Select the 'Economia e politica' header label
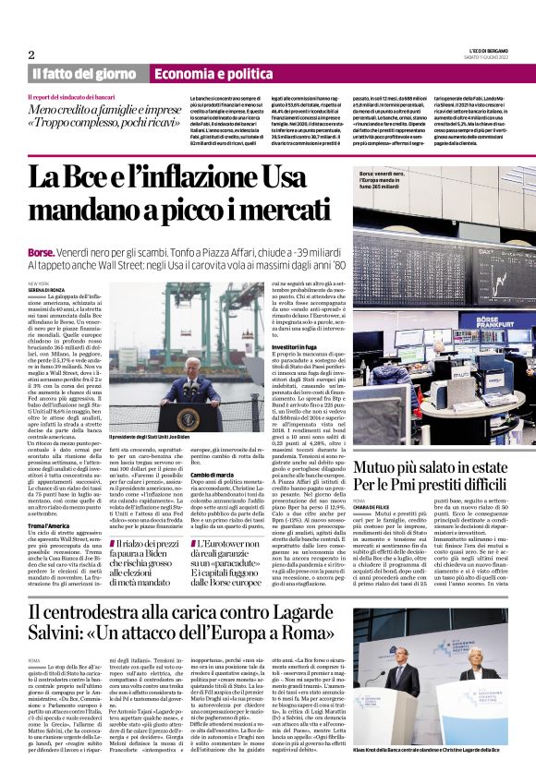coord(206,74)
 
